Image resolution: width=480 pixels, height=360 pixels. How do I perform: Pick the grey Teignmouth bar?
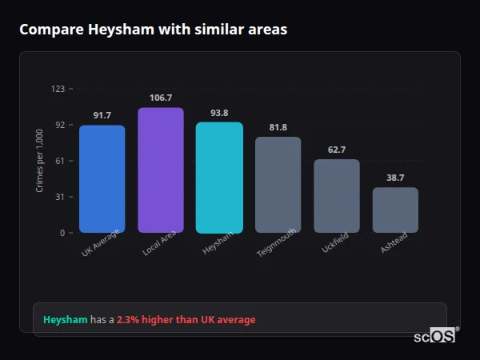point(278,185)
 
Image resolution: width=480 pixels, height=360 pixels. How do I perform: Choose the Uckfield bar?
point(336,196)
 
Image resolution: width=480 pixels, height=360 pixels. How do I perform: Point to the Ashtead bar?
point(395,210)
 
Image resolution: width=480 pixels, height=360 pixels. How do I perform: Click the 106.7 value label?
point(161,98)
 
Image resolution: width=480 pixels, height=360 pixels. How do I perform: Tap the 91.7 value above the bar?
point(102,115)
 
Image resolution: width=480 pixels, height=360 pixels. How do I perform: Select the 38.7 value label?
point(395,178)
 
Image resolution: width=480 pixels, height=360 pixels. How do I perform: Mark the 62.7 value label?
point(336,150)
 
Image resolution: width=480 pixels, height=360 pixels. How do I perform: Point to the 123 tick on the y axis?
point(58,89)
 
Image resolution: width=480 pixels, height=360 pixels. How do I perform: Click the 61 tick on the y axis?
point(59,161)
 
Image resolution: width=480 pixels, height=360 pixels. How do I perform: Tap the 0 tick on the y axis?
point(62,233)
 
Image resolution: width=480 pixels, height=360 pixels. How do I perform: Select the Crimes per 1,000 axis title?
point(40,162)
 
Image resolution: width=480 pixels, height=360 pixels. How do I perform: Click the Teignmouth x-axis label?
point(278,242)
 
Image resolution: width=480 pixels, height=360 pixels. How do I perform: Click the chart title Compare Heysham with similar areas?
point(153,30)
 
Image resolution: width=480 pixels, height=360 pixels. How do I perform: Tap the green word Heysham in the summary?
point(65,320)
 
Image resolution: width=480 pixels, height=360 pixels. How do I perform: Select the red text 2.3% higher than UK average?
point(186,320)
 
